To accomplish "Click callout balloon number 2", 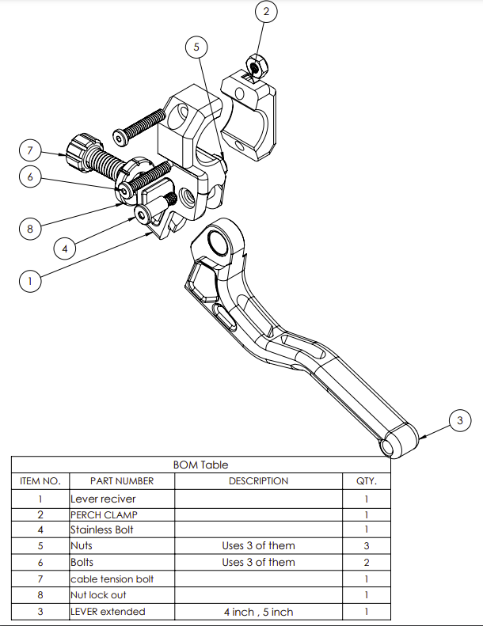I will pos(266,12).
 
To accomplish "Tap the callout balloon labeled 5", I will pos(197,47).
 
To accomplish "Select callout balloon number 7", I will pos(29,150).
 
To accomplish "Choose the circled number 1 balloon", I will pos(29,280).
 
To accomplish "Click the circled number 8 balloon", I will pos(29,230).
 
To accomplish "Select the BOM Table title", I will pos(200,465).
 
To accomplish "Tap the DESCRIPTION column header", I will pos(258,481).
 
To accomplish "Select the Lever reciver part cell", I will pos(103,499).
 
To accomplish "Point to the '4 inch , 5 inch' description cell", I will pos(258,612).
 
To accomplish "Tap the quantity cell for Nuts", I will pos(366,546).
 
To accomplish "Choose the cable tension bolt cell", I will pos(112,579).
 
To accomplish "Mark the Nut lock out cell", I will pos(98,595).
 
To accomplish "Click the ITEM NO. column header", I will pos(40,481).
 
